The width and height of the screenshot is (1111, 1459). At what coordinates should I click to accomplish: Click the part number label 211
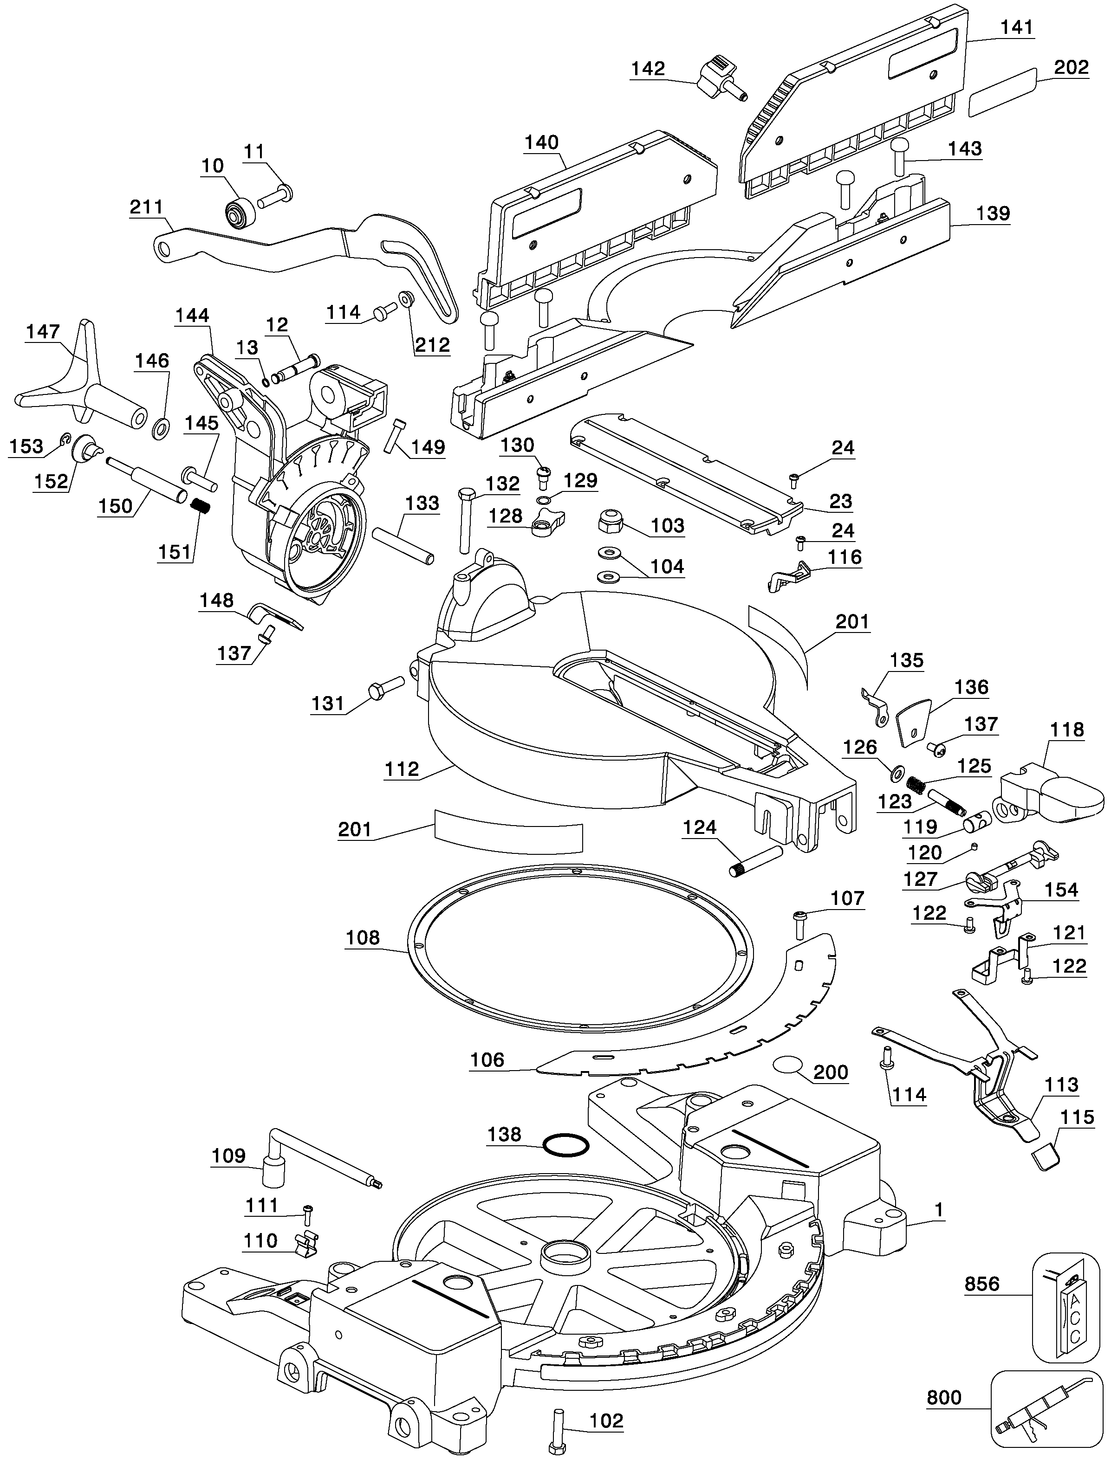tap(146, 207)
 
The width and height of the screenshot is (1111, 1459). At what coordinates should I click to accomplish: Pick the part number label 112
tap(402, 769)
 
